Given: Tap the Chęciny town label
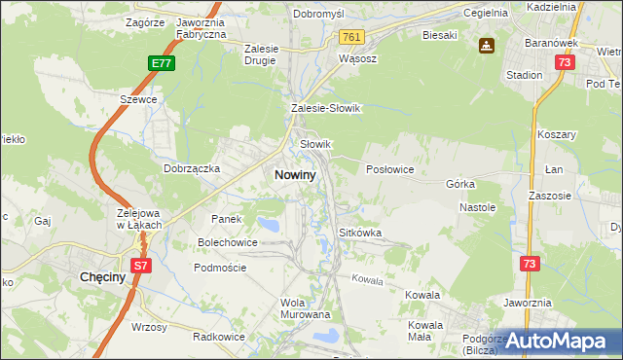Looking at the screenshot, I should (99, 278).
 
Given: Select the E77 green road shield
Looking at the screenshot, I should (163, 64).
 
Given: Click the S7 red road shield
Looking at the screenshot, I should (141, 264).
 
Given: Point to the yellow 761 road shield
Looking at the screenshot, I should (352, 37).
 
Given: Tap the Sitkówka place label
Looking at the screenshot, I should (359, 234).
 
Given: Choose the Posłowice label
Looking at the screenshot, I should (390, 169).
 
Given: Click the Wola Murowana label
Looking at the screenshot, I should (306, 308).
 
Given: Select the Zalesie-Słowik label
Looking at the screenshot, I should (326, 109).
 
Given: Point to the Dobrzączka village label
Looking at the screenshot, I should (192, 167).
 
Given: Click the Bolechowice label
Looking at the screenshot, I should (229, 241).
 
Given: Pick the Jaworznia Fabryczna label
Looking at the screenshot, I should (202, 27).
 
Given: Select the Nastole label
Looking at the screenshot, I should (477, 207).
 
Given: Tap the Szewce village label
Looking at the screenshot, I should (138, 99).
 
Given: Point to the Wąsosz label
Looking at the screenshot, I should (356, 57).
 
